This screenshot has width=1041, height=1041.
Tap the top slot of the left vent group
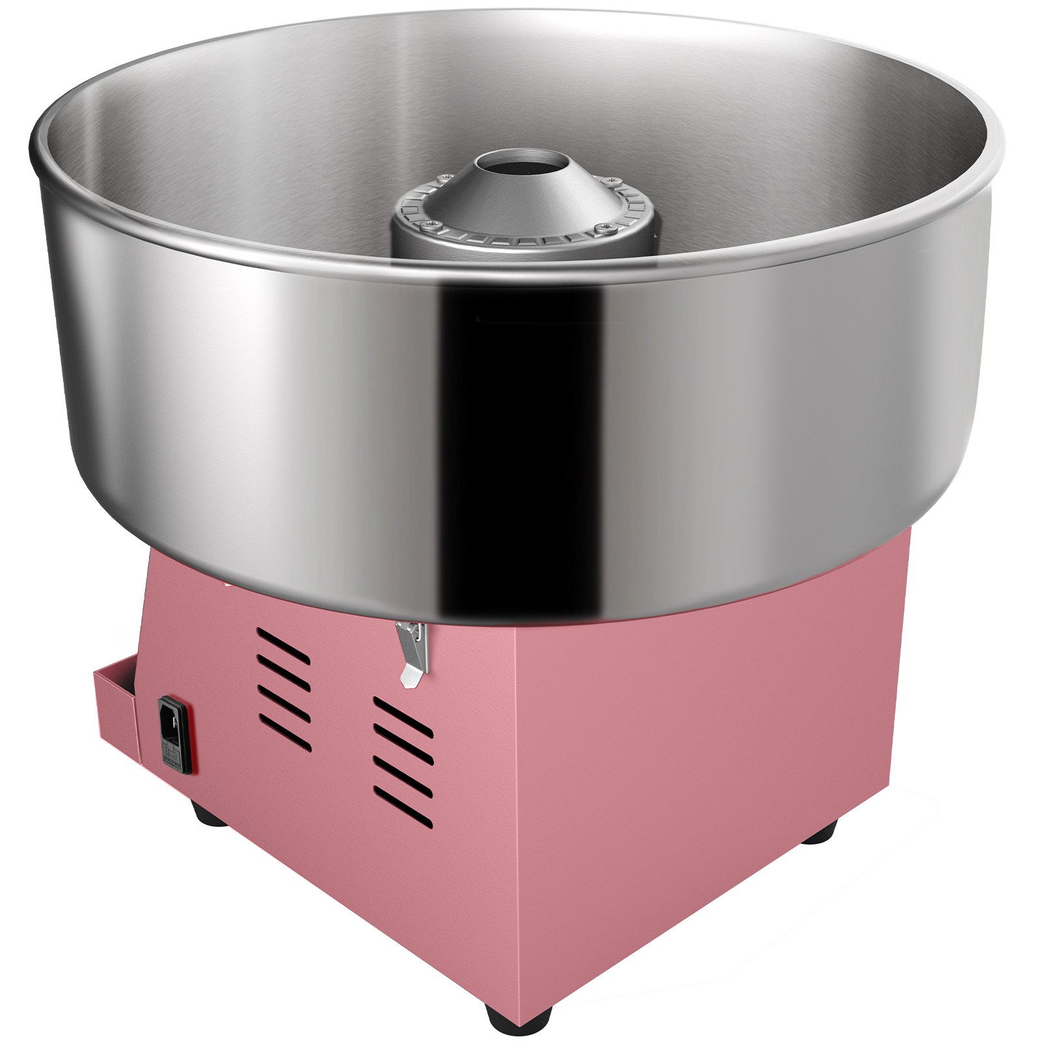[282, 638]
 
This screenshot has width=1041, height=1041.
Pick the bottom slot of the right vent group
[403, 811]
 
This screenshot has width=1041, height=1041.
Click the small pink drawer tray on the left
[117, 716]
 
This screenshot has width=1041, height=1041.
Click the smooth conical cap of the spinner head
[520, 195]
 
